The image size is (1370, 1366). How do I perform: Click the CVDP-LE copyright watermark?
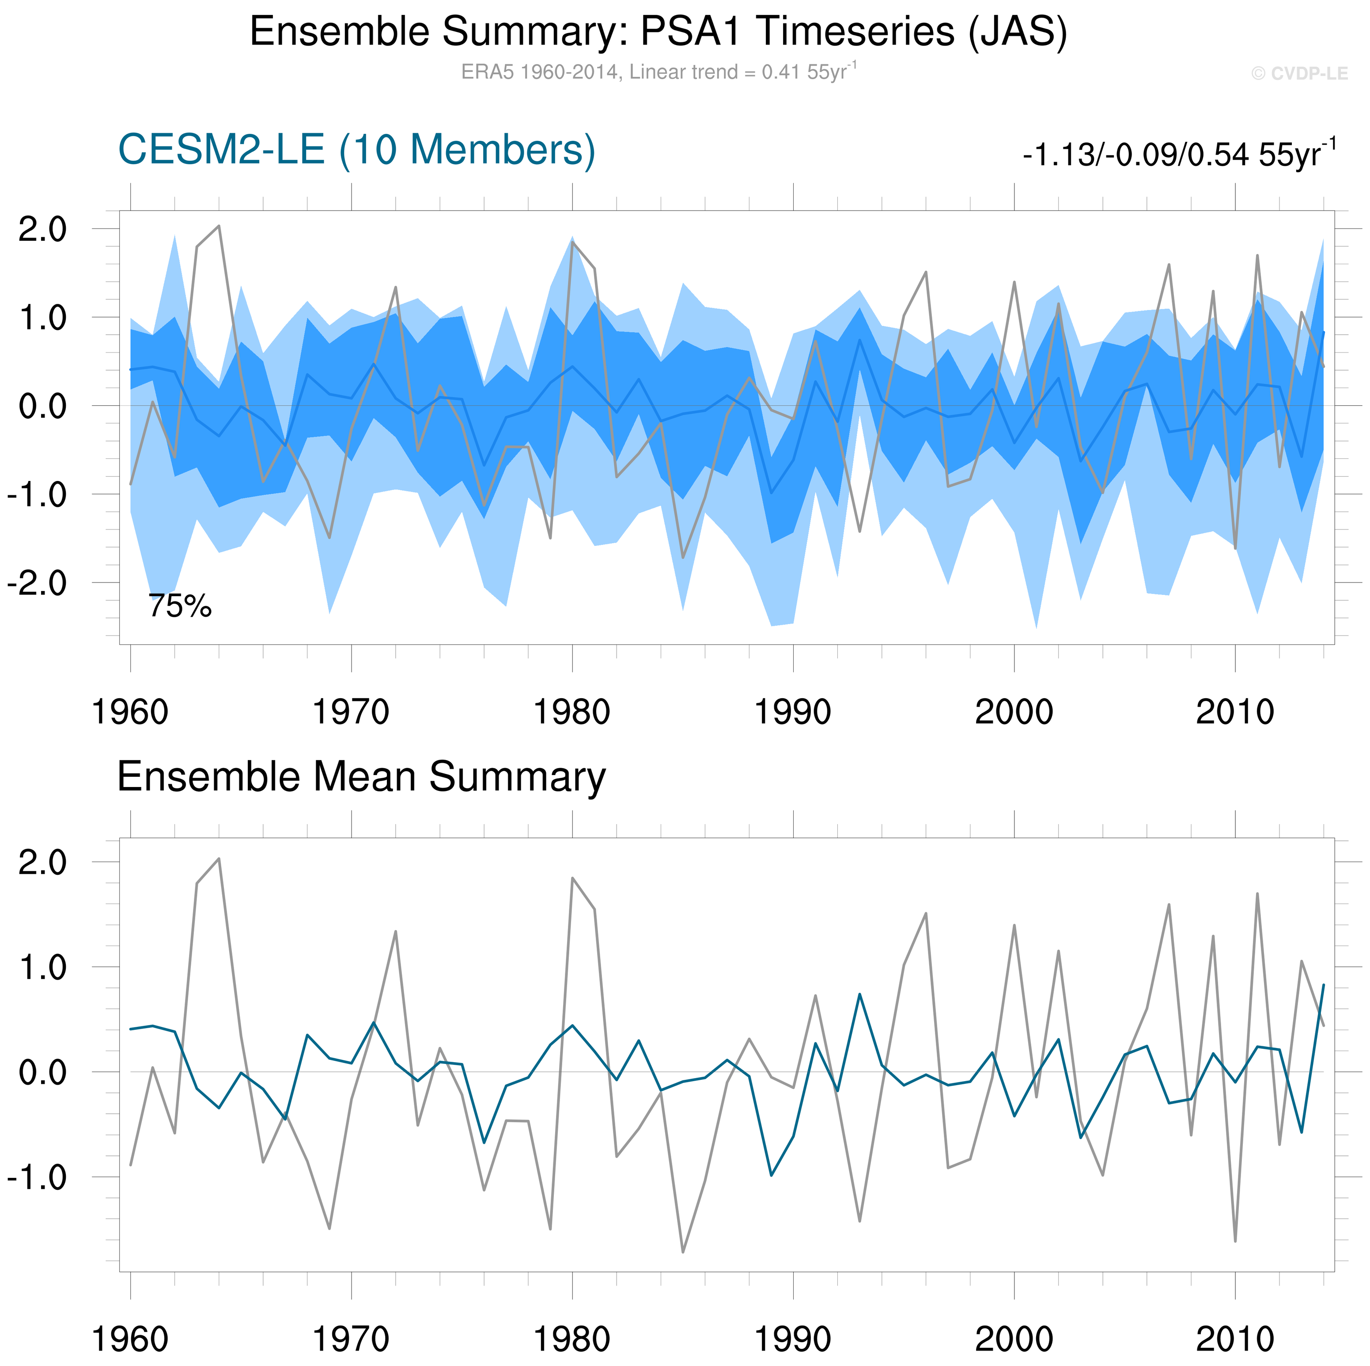click(1299, 74)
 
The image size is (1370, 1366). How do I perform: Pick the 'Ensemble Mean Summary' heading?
click(361, 776)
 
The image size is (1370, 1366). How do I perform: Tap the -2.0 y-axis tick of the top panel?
click(37, 583)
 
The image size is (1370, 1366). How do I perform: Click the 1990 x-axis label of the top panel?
click(792, 712)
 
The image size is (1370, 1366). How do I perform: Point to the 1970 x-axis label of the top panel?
click(351, 712)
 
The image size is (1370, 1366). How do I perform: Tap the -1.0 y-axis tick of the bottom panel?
click(37, 1178)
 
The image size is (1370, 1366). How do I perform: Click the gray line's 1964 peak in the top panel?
click(219, 226)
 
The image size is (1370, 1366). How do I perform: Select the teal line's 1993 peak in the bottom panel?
click(859, 994)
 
